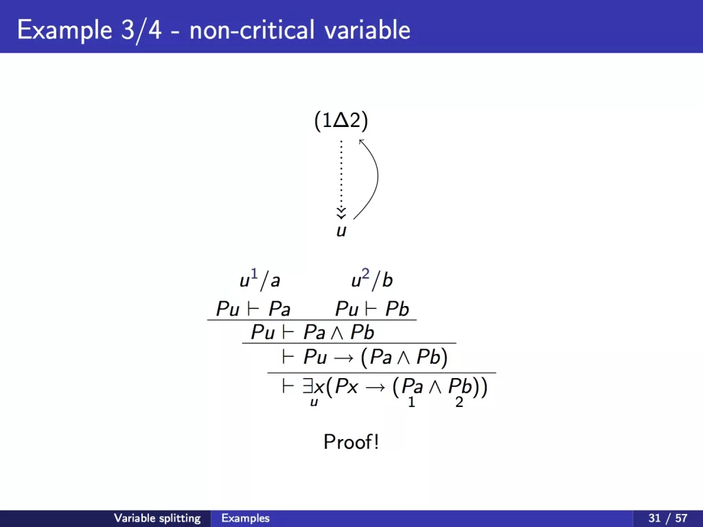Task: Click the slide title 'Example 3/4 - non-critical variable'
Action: coord(214,30)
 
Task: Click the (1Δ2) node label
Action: coord(341,121)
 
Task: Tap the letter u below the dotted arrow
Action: coord(341,231)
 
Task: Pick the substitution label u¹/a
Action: coord(260,279)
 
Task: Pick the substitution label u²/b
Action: coord(371,279)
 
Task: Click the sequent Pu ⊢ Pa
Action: coord(253,309)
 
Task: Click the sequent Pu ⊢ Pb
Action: coord(372,309)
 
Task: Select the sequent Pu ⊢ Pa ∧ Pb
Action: coord(312,332)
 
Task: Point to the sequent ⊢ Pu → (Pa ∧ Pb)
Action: coord(365,357)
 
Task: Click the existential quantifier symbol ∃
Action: coord(308,386)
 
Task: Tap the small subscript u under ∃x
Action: coord(314,402)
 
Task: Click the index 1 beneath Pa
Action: coord(411,402)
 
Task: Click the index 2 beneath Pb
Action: coord(459,402)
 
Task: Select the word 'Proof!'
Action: coord(351,442)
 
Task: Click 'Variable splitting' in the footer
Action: coord(157,518)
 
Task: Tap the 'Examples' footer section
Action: coord(245,518)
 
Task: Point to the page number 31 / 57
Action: coord(667,518)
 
